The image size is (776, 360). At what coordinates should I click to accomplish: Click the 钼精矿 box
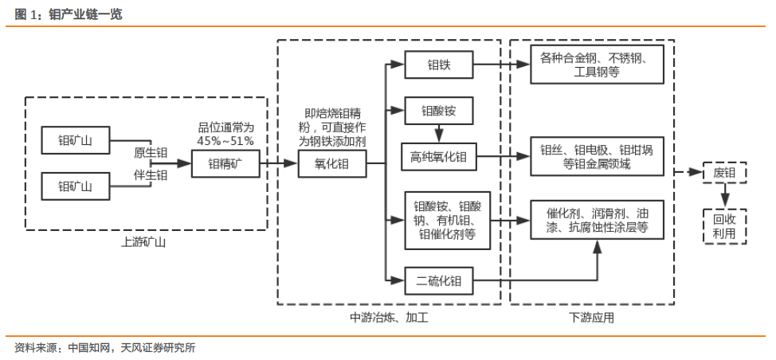pyautogui.click(x=225, y=165)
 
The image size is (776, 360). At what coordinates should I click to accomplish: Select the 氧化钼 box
pyautogui.click(x=332, y=165)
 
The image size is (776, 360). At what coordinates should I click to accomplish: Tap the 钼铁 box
pyautogui.click(x=439, y=65)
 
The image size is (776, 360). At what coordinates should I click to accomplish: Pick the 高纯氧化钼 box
pyautogui.click(x=439, y=158)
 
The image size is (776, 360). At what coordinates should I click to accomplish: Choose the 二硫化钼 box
pyautogui.click(x=439, y=280)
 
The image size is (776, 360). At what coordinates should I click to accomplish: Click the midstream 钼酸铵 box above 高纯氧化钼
pyautogui.click(x=439, y=109)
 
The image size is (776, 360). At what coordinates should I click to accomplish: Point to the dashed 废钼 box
pyautogui.click(x=724, y=172)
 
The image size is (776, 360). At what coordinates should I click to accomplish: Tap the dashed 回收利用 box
pyautogui.click(x=724, y=225)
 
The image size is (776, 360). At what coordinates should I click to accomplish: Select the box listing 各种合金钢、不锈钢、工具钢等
pyautogui.click(x=598, y=65)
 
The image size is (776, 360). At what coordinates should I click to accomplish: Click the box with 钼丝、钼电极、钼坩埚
pyautogui.click(x=598, y=157)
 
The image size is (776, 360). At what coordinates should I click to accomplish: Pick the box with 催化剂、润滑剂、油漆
pyautogui.click(x=598, y=221)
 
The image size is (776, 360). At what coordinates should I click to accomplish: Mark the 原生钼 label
pyautogui.click(x=150, y=152)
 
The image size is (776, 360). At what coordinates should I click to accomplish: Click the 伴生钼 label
pyautogui.click(x=150, y=175)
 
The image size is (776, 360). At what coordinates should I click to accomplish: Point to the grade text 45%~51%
pyautogui.click(x=225, y=141)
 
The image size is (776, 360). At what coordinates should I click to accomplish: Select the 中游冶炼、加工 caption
pyautogui.click(x=389, y=317)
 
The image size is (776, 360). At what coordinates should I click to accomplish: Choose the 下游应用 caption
pyautogui.click(x=592, y=317)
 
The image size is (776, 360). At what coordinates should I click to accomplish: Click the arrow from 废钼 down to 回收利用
pyautogui.click(x=724, y=194)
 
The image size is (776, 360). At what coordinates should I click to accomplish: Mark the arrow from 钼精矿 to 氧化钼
pyautogui.click(x=279, y=165)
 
